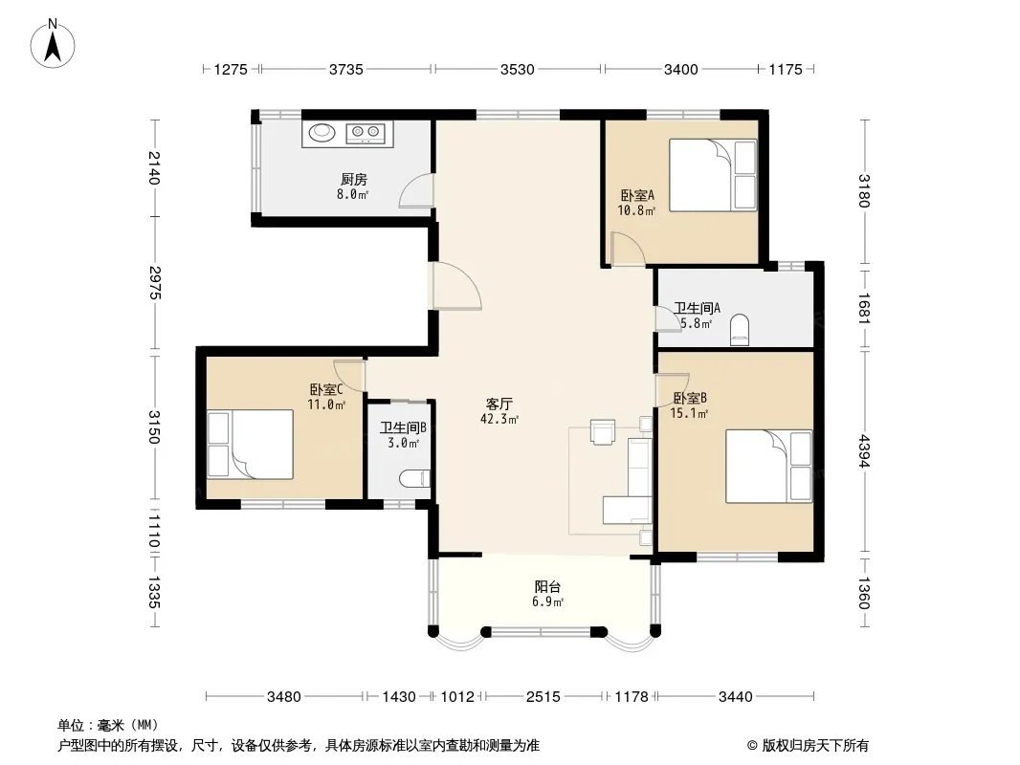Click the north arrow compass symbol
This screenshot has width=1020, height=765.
(53, 44)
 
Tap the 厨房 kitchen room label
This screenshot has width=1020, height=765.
(353, 180)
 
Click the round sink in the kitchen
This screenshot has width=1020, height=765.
(322, 132)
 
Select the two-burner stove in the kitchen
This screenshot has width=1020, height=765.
(366, 133)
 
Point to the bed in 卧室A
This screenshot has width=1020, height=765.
(713, 175)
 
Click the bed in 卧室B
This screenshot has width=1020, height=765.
(769, 466)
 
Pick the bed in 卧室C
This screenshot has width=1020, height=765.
(251, 445)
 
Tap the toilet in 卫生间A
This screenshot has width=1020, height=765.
(740, 329)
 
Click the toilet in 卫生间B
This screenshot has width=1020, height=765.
(414, 478)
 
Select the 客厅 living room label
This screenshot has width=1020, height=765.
(499, 404)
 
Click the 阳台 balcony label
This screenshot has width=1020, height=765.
(547, 587)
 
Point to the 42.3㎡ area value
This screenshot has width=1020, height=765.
(499, 419)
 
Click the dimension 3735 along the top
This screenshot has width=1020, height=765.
(346, 69)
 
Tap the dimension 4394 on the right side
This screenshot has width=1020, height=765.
(864, 451)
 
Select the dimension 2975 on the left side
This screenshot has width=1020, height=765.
(154, 283)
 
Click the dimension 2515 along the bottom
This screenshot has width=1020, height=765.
(543, 697)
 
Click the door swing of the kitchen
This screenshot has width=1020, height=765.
(415, 190)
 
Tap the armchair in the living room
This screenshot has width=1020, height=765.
(603, 431)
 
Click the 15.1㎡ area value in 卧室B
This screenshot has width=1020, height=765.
(689, 413)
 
